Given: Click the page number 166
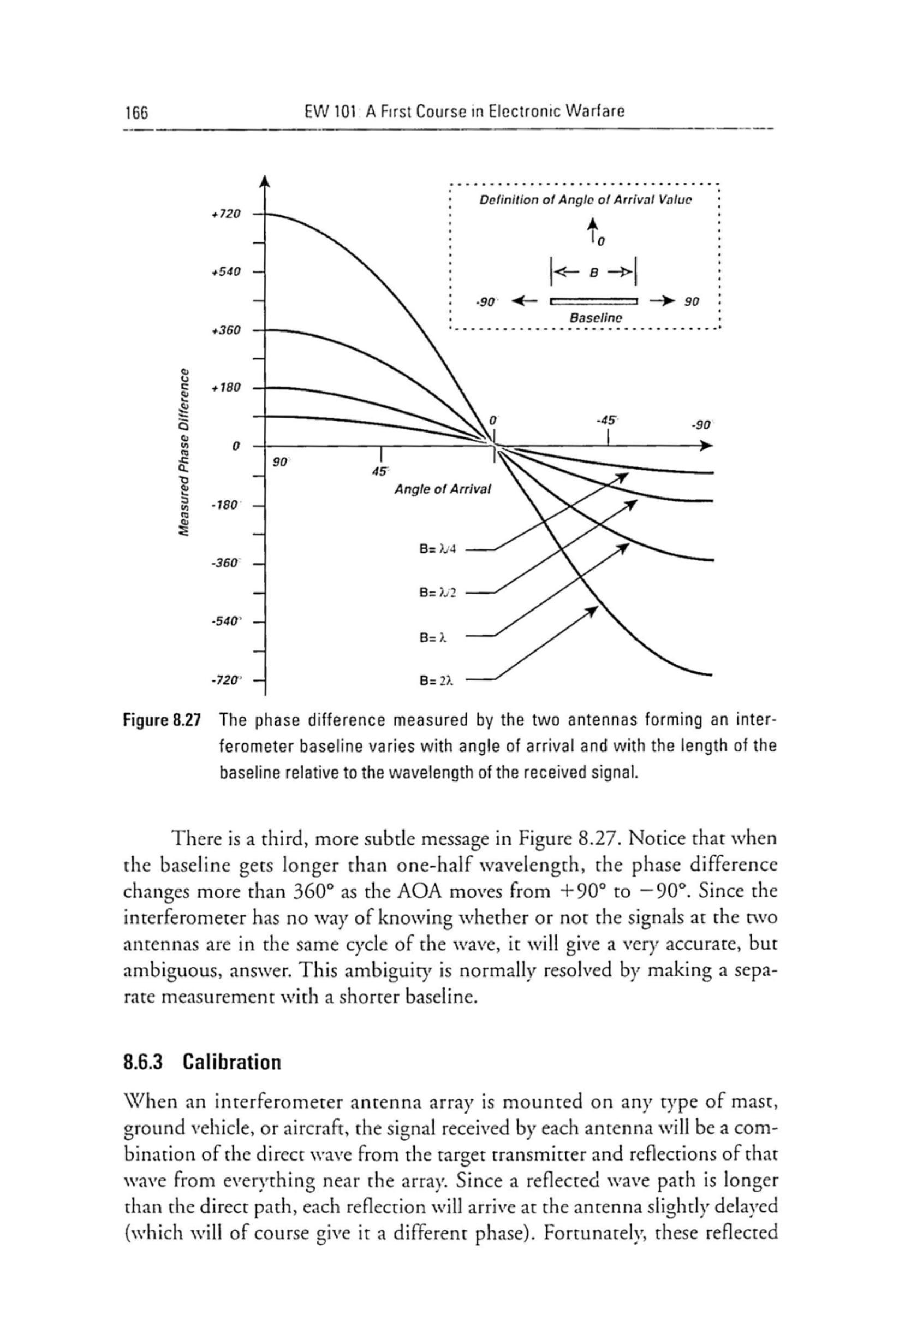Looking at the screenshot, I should point(136,111).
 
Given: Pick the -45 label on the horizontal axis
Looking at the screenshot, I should point(607,420).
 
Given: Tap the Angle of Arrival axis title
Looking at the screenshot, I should point(442,490).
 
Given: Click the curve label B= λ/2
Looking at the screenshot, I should point(438,593).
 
